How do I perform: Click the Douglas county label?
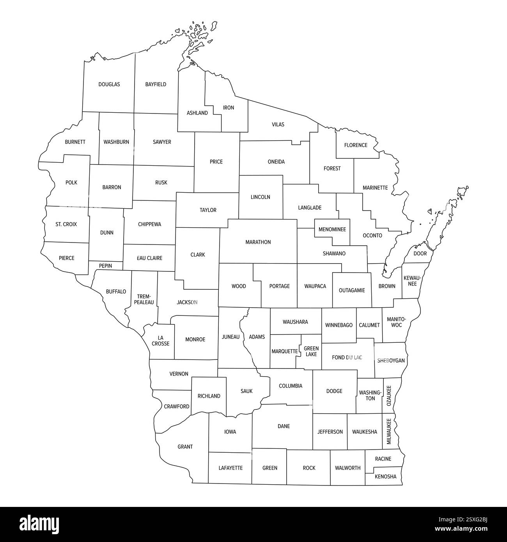[109, 84]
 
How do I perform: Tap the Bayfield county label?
[156, 84]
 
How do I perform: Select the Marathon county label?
[258, 242]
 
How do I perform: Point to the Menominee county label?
[332, 229]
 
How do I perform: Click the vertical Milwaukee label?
[389, 432]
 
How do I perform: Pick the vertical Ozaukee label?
[389, 396]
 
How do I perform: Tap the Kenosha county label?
[385, 476]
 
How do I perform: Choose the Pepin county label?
[105, 266]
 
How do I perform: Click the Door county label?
[420, 253]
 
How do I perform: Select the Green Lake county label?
[311, 351]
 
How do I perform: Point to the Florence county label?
[356, 145]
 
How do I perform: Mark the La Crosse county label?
[161, 340]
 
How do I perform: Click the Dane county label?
[284, 426]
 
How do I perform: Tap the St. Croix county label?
[66, 224]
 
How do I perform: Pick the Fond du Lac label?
[347, 357]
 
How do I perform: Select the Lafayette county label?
[230, 468]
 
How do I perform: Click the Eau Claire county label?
[149, 258]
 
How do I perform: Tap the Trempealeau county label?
[144, 299]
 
